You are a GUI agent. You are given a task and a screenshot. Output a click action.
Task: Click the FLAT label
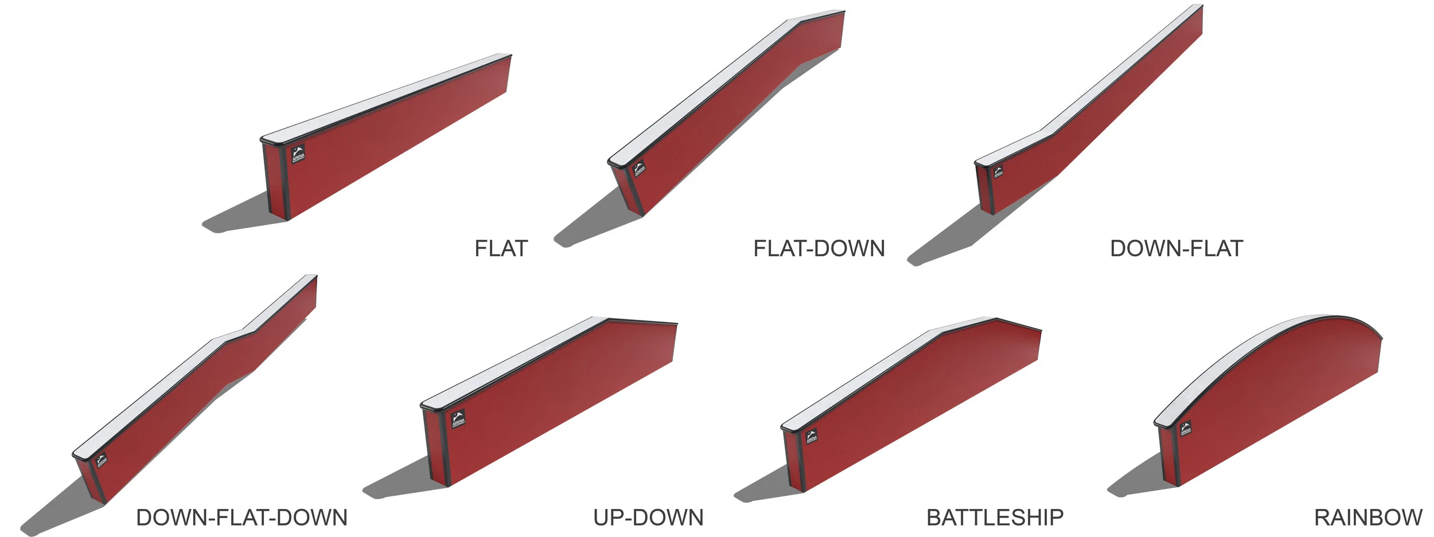coord(501,249)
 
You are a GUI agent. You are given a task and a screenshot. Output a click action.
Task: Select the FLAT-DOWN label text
coord(819,249)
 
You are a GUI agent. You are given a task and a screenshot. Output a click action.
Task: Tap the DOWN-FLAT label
coord(1176,249)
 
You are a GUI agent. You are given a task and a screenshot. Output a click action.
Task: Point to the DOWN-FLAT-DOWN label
coord(241,518)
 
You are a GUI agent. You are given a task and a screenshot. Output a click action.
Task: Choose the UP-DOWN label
coord(648,518)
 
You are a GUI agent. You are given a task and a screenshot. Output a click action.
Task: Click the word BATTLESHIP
coord(995,518)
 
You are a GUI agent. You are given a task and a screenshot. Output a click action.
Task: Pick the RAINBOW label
coord(1367,518)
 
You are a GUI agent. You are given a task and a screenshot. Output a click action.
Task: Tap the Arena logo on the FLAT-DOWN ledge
coord(640,170)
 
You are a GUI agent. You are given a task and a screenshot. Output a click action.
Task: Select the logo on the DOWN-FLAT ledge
coord(999,172)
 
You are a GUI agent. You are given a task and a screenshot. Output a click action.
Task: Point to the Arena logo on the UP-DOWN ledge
coord(458,419)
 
